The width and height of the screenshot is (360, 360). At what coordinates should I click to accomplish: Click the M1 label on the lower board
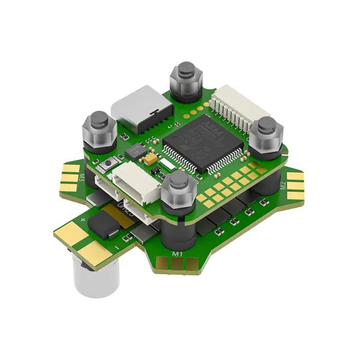click(177, 254)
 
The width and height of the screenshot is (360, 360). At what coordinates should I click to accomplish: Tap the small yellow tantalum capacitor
click(149, 158)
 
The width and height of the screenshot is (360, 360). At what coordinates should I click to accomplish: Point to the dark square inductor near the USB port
click(137, 150)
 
